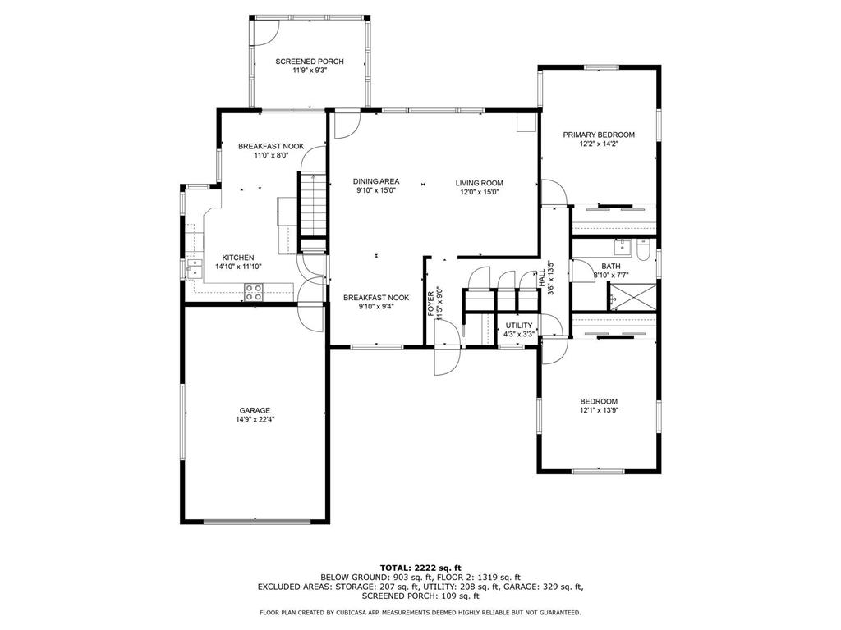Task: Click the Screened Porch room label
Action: tap(310, 62)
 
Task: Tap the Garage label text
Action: tap(255, 411)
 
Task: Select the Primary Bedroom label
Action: tap(599, 135)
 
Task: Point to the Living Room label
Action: tap(480, 183)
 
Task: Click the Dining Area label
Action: tap(376, 181)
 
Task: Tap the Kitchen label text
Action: tap(238, 258)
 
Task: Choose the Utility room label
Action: tap(519, 326)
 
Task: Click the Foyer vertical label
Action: tap(431, 304)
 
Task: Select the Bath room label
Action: tap(611, 267)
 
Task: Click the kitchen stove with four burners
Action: tap(255, 292)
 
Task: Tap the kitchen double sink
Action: tap(195, 269)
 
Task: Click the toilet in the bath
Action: tap(644, 250)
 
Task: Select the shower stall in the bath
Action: tap(632, 297)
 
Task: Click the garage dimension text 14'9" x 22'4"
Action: tap(255, 420)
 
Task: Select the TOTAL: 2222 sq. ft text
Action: tap(420, 568)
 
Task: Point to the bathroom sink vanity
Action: tap(623, 248)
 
